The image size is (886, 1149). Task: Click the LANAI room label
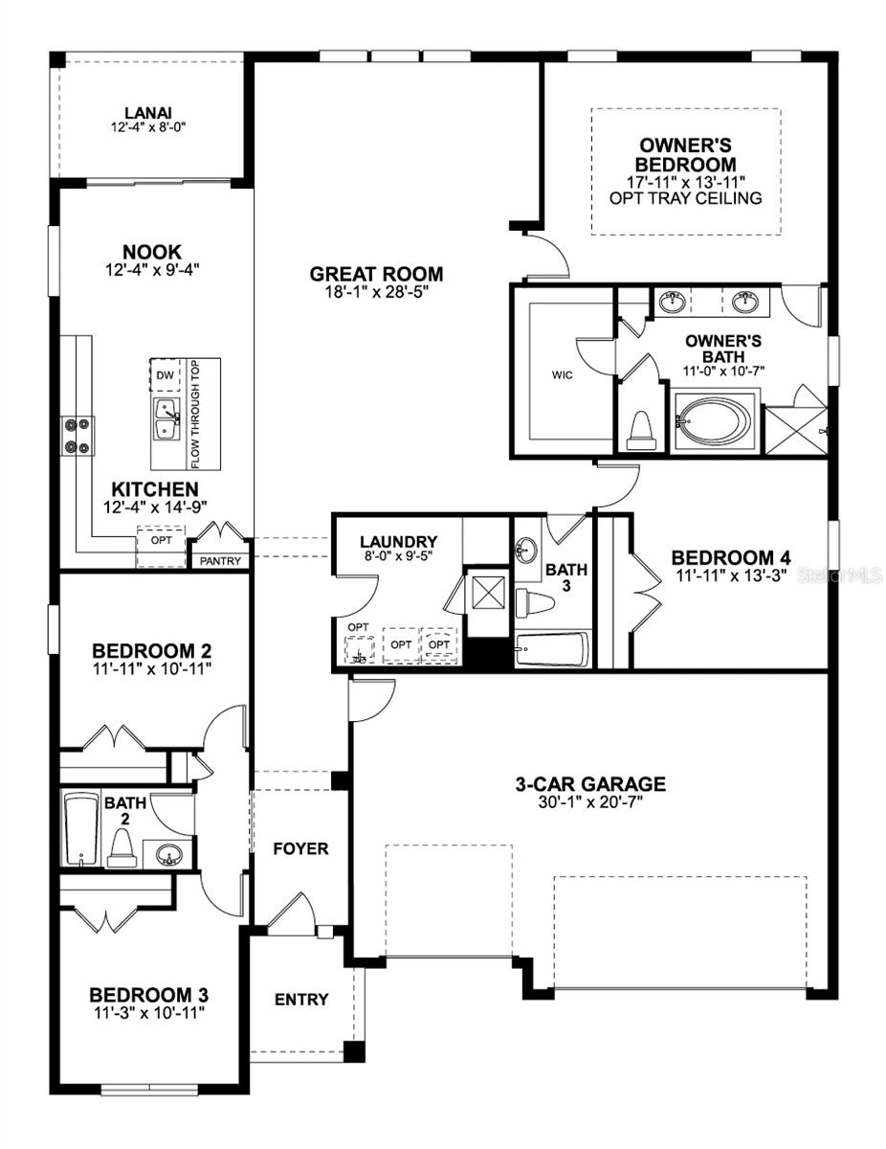point(146,112)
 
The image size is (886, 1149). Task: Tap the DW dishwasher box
point(164,375)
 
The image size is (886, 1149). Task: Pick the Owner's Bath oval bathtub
point(714,419)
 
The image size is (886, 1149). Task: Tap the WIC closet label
point(562,375)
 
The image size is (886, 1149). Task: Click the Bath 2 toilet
point(121,846)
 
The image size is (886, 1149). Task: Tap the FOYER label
point(300,848)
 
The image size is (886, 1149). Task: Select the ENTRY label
point(301,1000)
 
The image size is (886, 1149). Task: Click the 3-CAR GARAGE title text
point(590,784)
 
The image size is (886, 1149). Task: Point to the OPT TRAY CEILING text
point(685,198)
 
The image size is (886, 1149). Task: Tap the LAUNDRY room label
point(399,542)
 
